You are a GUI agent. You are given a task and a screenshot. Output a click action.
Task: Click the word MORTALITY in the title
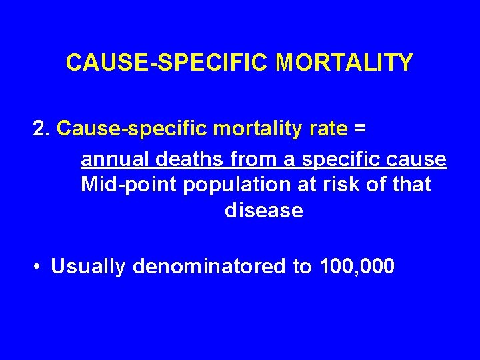point(345,63)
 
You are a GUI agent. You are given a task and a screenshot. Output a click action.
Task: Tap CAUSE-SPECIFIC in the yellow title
point(168,63)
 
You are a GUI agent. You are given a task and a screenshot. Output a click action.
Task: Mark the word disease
point(264,211)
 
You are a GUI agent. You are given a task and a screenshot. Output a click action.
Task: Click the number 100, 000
point(357,267)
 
